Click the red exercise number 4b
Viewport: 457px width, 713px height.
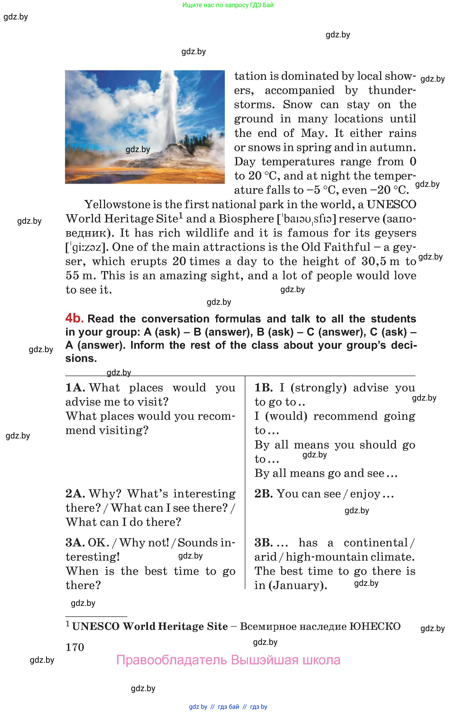pyautogui.click(x=74, y=318)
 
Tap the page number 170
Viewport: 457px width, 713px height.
pyautogui.click(x=75, y=647)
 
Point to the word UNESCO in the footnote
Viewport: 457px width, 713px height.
pyautogui.click(x=96, y=626)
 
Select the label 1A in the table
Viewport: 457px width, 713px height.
pyautogui.click(x=75, y=388)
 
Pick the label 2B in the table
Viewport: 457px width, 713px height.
pyautogui.click(x=263, y=494)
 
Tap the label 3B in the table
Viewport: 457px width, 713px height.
pyautogui.click(x=264, y=543)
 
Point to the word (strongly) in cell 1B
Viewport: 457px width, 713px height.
pyautogui.click(x=319, y=388)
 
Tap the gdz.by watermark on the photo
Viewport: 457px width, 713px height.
pyautogui.click(x=138, y=149)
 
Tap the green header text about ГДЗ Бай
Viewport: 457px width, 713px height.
pyautogui.click(x=228, y=5)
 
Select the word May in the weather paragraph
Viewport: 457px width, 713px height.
pyautogui.click(x=314, y=133)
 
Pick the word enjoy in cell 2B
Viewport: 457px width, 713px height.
pyautogui.click(x=365, y=494)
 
